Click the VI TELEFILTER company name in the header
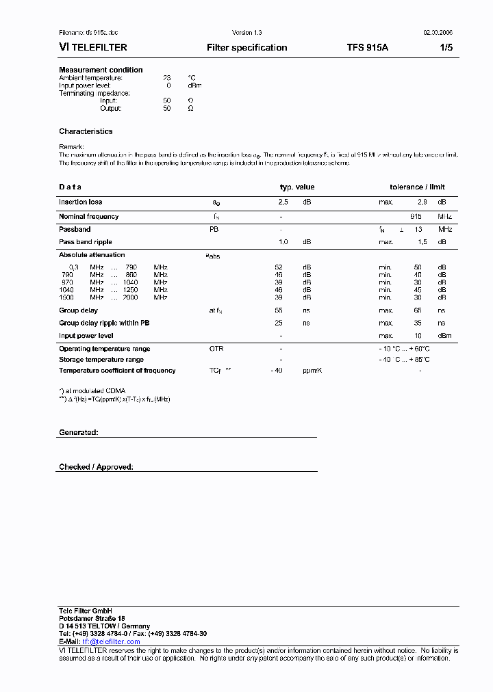point(93,48)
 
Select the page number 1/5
point(445,48)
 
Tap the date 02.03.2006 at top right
point(438,33)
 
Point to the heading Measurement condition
point(101,70)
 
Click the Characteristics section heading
point(86,131)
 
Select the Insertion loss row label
point(80,202)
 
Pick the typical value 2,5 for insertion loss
point(283,202)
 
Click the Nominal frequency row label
point(88,217)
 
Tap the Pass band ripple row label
point(85,242)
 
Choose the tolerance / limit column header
point(417,187)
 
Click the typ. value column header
point(297,187)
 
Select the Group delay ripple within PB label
point(104,323)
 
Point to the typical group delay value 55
point(279,310)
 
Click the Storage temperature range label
point(101,360)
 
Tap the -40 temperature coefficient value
point(277,371)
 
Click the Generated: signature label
point(79,433)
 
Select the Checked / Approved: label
point(96,467)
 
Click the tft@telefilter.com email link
point(111,642)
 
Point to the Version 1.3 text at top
point(247,33)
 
